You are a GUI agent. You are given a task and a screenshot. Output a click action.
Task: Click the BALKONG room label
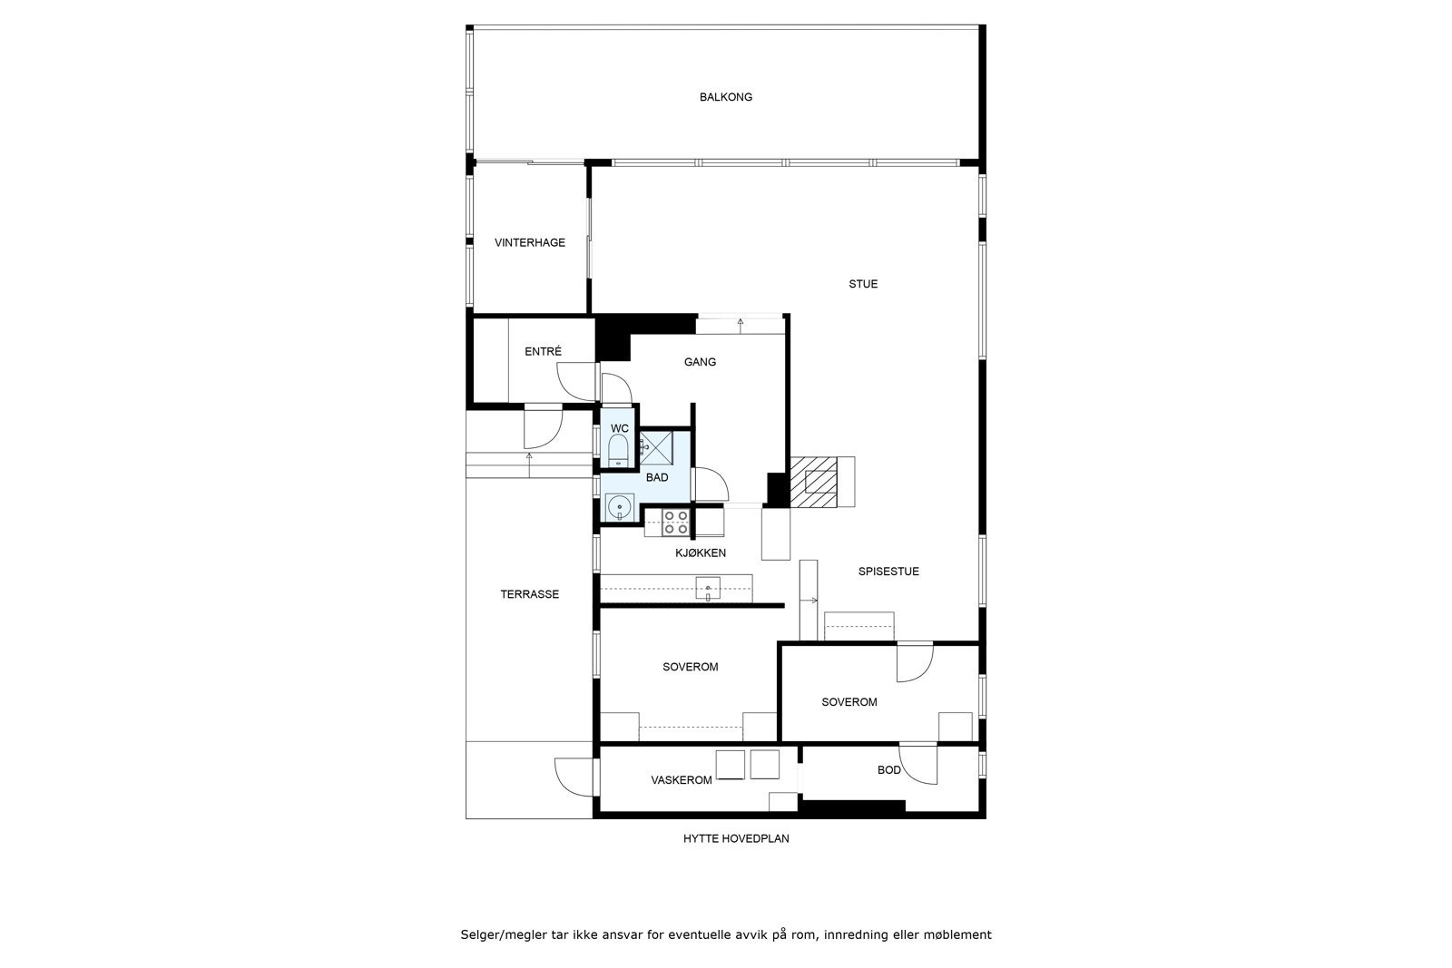pos(725,97)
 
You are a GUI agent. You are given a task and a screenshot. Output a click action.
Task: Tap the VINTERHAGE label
pos(529,242)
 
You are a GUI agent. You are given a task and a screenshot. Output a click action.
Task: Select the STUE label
pos(862,284)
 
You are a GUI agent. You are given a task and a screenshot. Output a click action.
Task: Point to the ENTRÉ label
pos(543,351)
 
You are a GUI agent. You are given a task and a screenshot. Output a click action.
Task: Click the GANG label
pos(700,362)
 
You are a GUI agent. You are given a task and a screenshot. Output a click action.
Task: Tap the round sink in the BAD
pos(620,506)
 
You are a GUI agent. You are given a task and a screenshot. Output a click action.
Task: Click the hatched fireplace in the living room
pos(812,480)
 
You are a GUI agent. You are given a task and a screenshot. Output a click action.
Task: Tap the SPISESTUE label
pos(888,572)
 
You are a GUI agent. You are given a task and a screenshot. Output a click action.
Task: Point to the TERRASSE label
pos(529,594)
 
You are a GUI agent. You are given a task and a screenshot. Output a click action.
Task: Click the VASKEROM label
pos(681,780)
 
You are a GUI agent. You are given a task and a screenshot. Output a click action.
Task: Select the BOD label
pos(888,770)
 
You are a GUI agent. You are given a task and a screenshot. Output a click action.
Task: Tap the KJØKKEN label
pos(700,552)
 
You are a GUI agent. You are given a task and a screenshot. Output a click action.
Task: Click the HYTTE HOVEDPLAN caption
pos(736,838)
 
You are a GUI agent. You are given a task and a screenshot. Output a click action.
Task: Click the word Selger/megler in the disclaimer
pos(499,934)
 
